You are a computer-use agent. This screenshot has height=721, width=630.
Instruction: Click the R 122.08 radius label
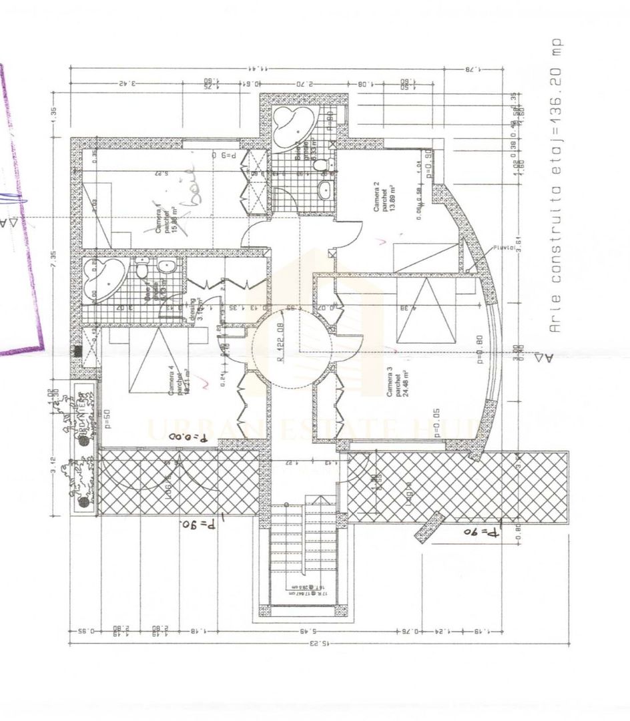tap(281, 342)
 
